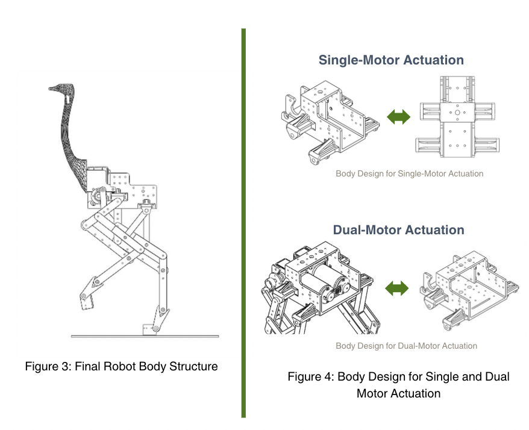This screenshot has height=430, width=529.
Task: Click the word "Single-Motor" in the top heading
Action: [359, 60]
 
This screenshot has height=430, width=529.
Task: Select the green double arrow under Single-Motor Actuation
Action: [398, 117]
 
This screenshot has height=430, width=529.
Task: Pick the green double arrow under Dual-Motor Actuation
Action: [396, 288]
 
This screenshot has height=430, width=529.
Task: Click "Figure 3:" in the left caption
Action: [48, 366]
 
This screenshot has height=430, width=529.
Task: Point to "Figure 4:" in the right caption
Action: [311, 377]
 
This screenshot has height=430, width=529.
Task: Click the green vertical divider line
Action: [243, 223]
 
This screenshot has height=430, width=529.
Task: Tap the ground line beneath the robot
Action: [145, 336]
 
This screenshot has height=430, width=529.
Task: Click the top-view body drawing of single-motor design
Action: [457, 117]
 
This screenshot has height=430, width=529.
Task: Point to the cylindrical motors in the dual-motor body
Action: [324, 282]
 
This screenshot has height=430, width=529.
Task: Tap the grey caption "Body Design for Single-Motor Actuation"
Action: [410, 173]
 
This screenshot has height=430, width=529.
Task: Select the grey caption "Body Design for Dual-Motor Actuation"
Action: [407, 346]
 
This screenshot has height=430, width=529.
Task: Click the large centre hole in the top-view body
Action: [457, 113]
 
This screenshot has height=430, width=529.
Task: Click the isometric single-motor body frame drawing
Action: [330, 122]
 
